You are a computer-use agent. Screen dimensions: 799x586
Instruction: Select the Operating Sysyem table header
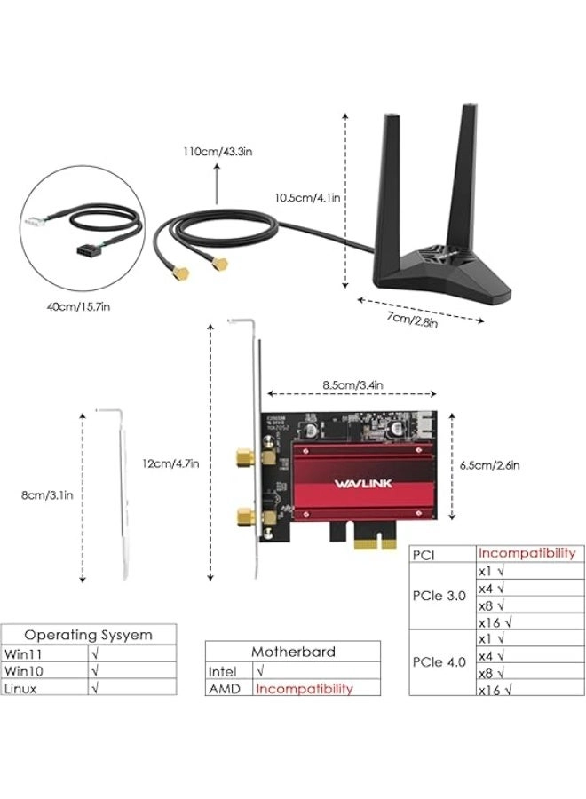tap(88, 635)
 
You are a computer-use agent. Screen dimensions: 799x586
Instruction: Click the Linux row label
tap(20, 687)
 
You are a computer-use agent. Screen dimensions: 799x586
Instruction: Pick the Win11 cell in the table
tap(22, 653)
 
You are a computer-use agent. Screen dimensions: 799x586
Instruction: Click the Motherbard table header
tap(293, 652)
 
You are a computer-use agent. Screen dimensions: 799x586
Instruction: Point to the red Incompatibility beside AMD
tap(305, 688)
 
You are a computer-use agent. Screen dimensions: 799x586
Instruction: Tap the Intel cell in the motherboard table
tap(223, 672)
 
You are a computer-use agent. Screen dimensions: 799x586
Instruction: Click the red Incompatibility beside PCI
tap(527, 553)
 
